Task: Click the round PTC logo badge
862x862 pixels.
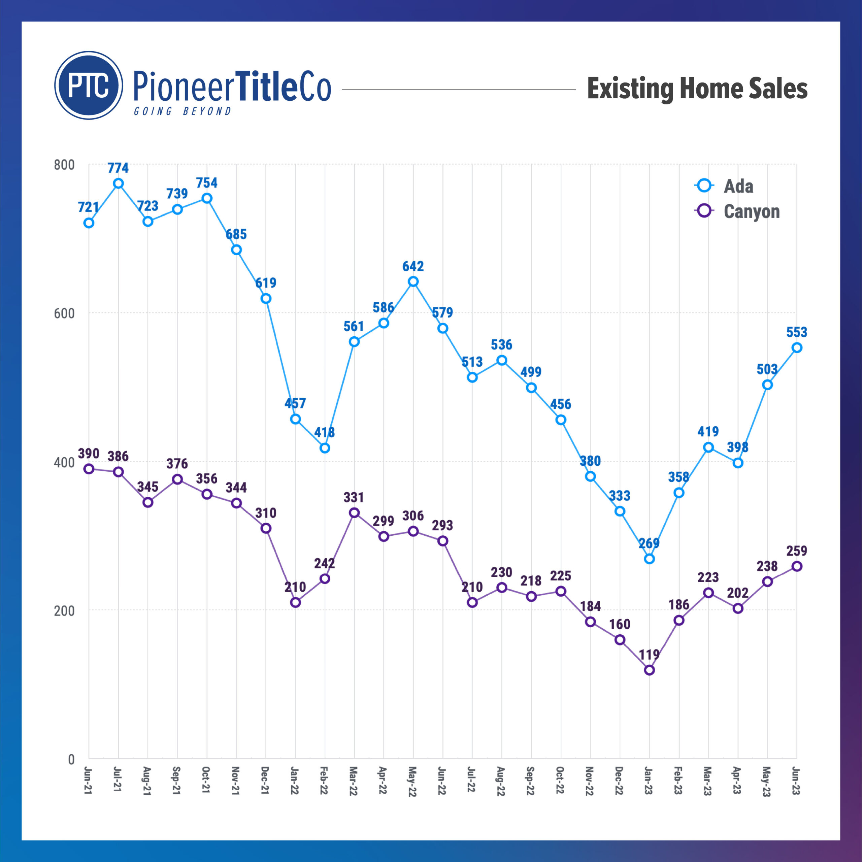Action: [x=88, y=85]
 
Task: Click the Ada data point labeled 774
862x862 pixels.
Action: [x=118, y=184]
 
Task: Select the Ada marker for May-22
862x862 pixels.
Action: [x=413, y=281]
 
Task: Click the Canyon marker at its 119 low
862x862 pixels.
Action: [x=649, y=670]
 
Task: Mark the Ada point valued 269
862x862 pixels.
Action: [x=649, y=559]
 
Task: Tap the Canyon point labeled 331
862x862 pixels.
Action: [x=354, y=512]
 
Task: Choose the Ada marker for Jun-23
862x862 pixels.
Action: [x=797, y=347]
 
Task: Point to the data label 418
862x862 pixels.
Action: [x=324, y=432]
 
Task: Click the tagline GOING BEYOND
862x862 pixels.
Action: [x=183, y=111]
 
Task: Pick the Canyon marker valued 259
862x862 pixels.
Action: [x=797, y=566]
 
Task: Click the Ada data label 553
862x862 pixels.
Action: [x=797, y=332]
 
